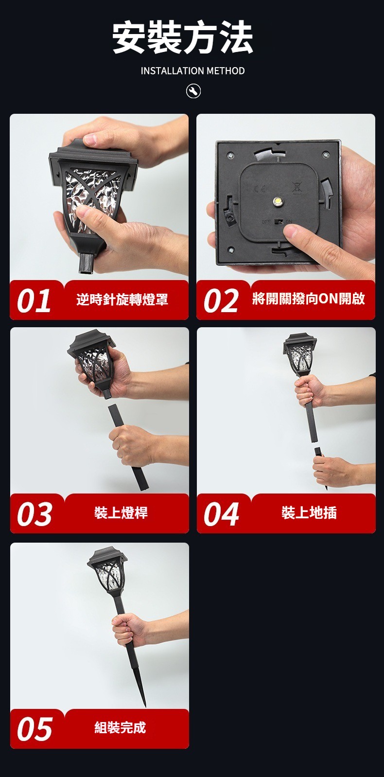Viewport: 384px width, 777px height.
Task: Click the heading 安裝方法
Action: click(183, 36)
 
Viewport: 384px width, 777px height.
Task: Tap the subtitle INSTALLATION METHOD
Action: click(192, 71)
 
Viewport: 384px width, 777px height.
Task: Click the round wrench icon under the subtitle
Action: click(193, 91)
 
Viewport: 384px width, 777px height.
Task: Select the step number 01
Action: click(34, 301)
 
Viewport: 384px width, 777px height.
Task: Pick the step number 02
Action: click(221, 301)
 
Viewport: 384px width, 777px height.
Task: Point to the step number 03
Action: click(35, 514)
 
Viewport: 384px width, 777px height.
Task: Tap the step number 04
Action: click(221, 514)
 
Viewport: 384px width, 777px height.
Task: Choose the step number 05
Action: click(35, 729)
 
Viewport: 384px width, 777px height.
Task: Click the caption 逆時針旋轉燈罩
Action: click(122, 299)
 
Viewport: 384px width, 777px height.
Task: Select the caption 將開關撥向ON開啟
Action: click(308, 299)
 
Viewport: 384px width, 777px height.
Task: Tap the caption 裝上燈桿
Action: click(121, 512)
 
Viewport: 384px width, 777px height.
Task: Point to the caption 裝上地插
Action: click(309, 512)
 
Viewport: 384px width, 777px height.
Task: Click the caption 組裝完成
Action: click(121, 727)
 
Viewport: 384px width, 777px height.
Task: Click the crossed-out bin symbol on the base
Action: click(297, 188)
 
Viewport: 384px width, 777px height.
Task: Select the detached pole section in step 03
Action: click(128, 447)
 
